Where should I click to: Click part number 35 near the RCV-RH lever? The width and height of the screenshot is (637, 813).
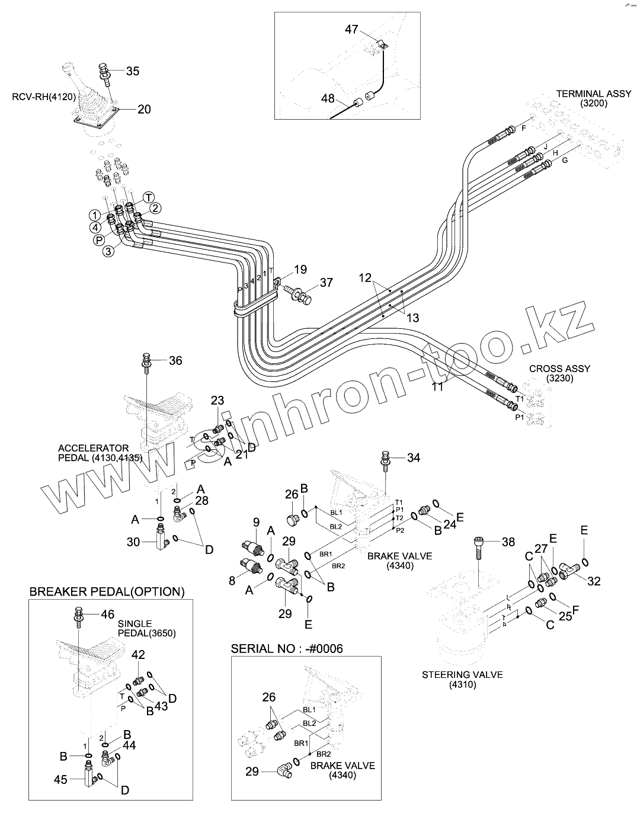(133, 71)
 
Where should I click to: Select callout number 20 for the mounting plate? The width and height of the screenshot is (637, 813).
(144, 109)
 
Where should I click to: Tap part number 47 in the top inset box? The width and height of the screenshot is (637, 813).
(352, 29)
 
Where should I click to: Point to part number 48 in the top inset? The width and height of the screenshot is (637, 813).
(328, 98)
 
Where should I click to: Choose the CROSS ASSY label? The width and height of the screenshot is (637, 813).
(559, 373)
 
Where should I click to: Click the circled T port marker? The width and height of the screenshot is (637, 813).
(148, 197)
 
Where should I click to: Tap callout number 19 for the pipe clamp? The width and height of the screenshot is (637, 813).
(300, 270)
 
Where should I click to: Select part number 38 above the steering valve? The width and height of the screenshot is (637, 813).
(508, 542)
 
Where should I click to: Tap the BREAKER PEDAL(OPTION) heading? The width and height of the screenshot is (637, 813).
(107, 591)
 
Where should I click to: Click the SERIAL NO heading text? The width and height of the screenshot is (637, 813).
(287, 649)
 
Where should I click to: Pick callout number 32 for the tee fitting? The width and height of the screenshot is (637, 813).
(594, 581)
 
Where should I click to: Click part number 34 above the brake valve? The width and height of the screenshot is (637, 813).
(414, 457)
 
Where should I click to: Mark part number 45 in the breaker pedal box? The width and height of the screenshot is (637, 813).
(61, 780)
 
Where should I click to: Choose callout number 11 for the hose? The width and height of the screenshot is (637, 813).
(437, 387)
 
